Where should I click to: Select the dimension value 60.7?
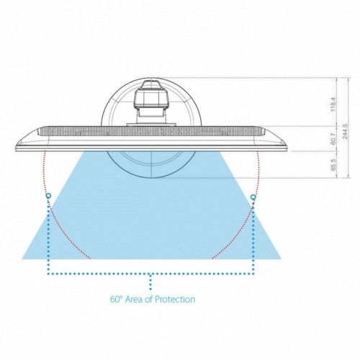[x=333, y=138]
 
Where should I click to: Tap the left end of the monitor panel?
[x=19, y=140]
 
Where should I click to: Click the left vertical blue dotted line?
[x=48, y=238]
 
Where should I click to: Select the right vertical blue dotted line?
[x=253, y=238]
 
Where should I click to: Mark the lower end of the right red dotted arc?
[x=212, y=257]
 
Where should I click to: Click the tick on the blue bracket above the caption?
[x=150, y=279]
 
